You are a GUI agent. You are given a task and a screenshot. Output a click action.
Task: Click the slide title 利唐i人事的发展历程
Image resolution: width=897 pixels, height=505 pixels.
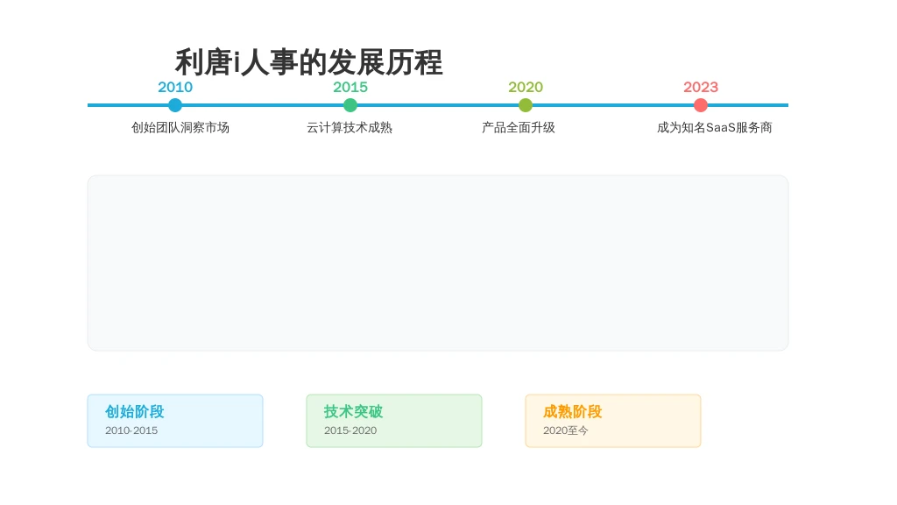309,62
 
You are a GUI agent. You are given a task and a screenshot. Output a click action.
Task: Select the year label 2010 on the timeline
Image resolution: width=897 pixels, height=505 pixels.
175,87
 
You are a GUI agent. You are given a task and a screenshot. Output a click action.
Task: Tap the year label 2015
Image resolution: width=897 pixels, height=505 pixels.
350,87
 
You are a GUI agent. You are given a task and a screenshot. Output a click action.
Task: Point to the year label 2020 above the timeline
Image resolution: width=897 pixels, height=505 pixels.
526,87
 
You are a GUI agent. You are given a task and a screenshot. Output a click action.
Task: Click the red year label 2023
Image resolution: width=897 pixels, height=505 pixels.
700,87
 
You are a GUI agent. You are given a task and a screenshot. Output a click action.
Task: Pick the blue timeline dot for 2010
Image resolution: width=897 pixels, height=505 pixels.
175,105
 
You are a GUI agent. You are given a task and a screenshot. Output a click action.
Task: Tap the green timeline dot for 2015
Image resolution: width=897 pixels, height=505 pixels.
350,105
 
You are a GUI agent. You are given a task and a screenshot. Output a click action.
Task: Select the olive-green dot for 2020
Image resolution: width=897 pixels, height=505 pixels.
526,105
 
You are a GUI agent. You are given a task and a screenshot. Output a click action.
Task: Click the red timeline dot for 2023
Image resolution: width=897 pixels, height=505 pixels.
700,105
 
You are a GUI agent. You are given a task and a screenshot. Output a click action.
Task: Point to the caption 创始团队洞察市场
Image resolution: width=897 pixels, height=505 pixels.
180,128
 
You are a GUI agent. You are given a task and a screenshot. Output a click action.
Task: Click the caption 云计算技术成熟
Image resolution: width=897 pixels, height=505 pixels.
350,128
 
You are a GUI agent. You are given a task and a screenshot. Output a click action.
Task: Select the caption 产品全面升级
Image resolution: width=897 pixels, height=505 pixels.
519,128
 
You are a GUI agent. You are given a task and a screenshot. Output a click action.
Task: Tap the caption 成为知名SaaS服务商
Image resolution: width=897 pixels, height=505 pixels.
715,128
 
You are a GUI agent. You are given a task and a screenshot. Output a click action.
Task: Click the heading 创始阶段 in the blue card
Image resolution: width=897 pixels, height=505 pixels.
134,412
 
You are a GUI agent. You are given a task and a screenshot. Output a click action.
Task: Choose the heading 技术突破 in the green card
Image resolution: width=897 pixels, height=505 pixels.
353,412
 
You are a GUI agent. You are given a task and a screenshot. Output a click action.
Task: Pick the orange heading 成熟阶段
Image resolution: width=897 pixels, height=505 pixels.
573,412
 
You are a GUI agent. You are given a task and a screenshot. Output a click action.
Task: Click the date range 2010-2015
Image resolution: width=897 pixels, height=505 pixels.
131,430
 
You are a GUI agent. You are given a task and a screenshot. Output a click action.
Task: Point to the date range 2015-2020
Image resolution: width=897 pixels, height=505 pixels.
350,430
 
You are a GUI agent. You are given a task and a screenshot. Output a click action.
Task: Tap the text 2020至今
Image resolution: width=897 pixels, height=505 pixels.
565,430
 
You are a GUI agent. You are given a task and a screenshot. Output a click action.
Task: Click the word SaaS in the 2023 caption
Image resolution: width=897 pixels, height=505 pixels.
720,128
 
